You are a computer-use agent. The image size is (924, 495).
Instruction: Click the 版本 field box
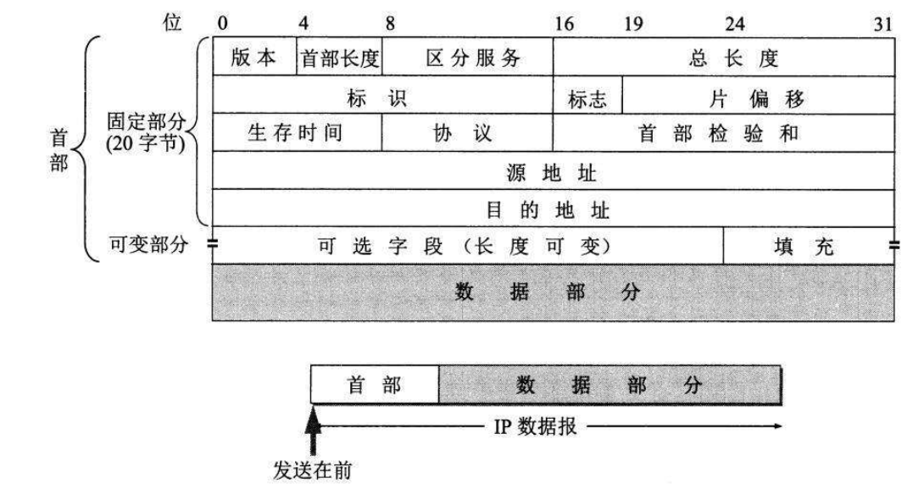pyautogui.click(x=254, y=58)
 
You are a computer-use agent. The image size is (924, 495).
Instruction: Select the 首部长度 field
pyautogui.click(x=340, y=58)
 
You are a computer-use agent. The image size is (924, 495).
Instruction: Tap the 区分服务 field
pyautogui.click(x=467, y=58)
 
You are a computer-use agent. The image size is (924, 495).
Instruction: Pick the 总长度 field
pyautogui.click(x=724, y=58)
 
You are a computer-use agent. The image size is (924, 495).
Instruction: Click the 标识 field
pyautogui.click(x=382, y=97)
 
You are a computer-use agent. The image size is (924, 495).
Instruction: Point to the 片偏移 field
pyautogui.click(x=759, y=97)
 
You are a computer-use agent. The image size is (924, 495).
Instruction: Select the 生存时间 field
pyautogui.click(x=297, y=134)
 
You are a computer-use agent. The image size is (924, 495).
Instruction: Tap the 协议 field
pyautogui.click(x=467, y=134)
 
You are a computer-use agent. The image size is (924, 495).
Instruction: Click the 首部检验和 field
pyautogui.click(x=724, y=134)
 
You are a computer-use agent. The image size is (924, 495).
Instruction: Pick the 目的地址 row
pyautogui.click(x=554, y=208)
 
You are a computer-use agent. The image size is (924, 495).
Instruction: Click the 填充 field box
pyautogui.click(x=809, y=246)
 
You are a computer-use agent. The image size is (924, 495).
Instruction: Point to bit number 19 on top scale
pyautogui.click(x=633, y=25)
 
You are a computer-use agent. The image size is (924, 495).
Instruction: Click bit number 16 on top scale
pyautogui.click(x=564, y=25)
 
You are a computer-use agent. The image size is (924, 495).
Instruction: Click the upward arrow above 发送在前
pyautogui.click(x=314, y=423)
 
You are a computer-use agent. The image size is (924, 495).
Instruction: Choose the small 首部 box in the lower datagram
pyautogui.click(x=375, y=385)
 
